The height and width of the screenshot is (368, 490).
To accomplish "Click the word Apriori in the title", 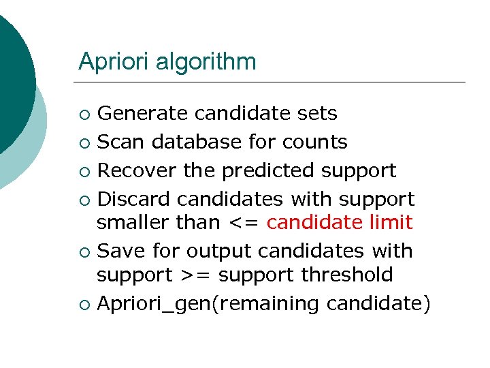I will pos(114,61).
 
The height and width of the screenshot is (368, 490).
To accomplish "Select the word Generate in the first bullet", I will pos(142,112).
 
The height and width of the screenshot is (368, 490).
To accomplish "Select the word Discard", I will pos(135,199).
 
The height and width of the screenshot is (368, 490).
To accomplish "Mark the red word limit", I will pos(389,222).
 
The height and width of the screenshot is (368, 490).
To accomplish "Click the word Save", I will pos(120,251).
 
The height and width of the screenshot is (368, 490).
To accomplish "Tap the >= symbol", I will pos(193,275).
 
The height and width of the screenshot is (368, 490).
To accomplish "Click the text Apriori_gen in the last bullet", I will pos(154,304).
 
